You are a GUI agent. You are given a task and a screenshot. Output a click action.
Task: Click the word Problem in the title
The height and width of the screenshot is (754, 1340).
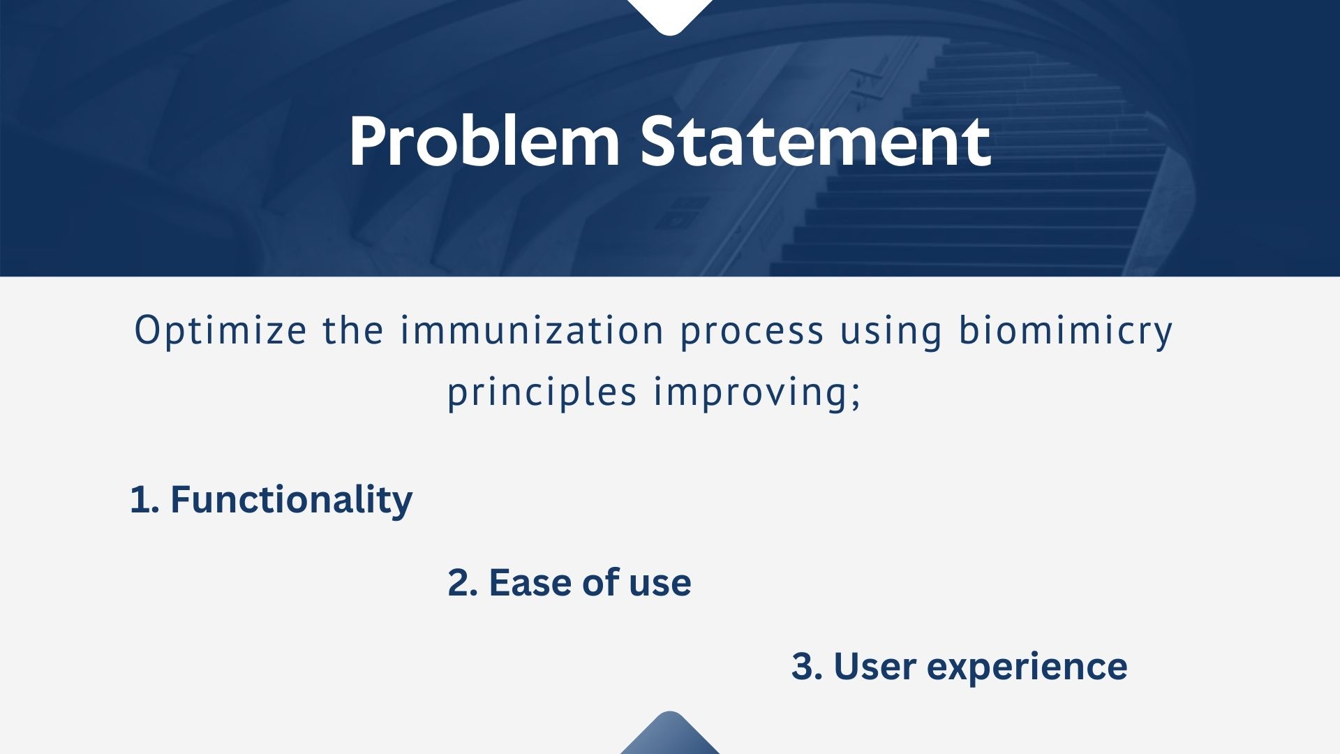484,142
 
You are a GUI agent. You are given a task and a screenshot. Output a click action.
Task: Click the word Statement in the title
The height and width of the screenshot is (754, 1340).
816,141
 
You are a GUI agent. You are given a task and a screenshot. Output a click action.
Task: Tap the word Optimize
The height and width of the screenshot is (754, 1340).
220,331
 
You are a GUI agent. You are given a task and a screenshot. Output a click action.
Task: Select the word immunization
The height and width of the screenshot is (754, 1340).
532,330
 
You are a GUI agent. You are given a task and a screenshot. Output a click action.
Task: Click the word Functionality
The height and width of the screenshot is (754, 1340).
291,501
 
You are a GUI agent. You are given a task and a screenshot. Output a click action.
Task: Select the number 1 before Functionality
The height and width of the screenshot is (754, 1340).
140,501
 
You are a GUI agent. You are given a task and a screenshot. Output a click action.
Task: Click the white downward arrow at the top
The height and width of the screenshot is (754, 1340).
670,14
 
